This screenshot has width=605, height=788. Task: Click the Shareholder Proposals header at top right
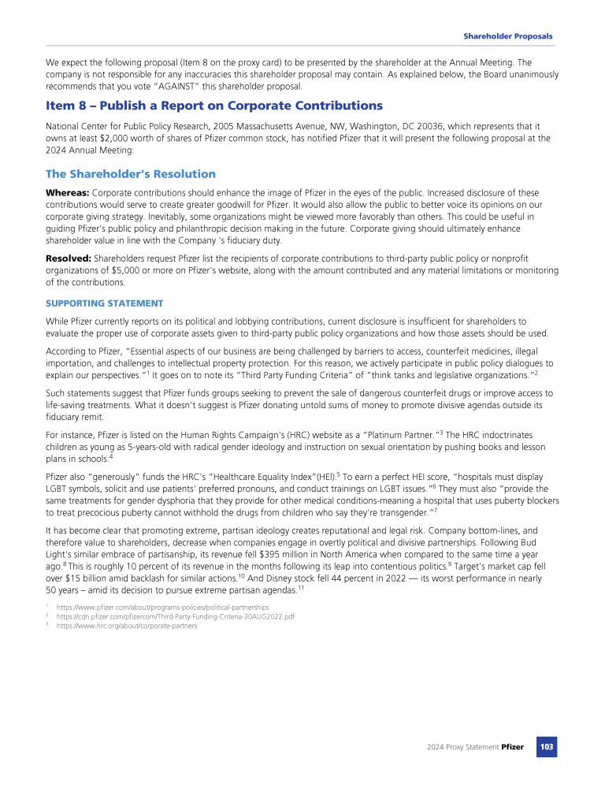point(507,36)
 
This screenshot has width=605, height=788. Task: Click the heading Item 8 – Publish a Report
point(214,106)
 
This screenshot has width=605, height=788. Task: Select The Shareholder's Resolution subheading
point(131,174)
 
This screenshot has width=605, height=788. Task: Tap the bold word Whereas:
point(67,193)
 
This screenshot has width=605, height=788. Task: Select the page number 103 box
point(546,746)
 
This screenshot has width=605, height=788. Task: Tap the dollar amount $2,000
point(125,138)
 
